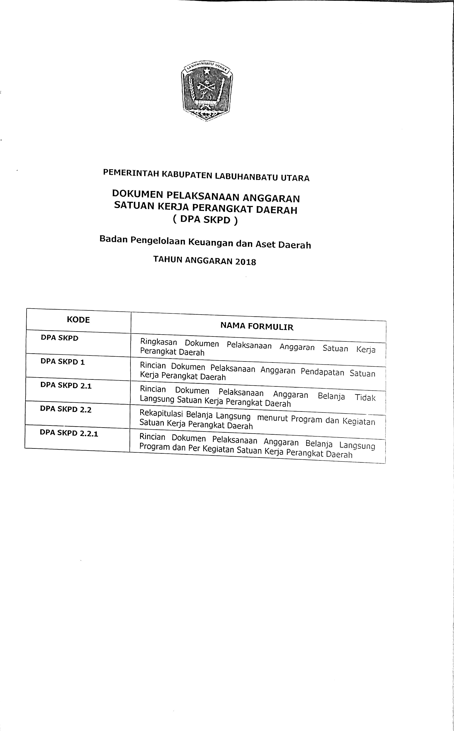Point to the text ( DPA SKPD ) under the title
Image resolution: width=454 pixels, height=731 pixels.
(205, 220)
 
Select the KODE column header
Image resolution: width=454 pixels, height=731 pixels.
(78, 320)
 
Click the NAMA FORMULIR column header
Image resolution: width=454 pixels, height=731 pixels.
(257, 326)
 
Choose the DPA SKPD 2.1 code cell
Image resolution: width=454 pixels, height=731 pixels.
(66, 385)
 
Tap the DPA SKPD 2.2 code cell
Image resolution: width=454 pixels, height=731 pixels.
(65, 409)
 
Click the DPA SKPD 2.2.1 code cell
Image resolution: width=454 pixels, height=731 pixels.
(69, 433)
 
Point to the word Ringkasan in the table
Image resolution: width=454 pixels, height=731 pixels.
(159, 342)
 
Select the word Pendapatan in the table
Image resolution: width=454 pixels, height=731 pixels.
(322, 372)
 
